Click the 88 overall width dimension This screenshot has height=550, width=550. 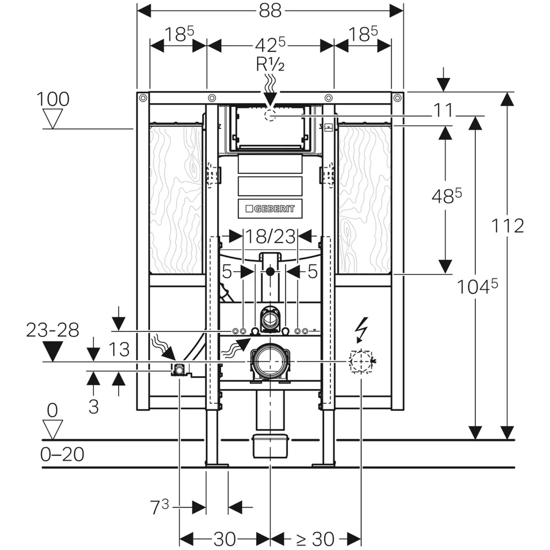pyautogui.click(x=270, y=10)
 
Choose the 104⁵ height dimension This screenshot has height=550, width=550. pyautogui.click(x=477, y=287)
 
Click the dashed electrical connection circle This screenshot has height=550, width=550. pyautogui.click(x=360, y=361)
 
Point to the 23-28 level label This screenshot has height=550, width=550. pyautogui.click(x=53, y=330)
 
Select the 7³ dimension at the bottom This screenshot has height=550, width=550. pyautogui.click(x=159, y=506)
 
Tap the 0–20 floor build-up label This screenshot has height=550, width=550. pyautogui.click(x=62, y=454)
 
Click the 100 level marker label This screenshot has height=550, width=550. pyautogui.click(x=53, y=99)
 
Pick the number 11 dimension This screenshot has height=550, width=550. pyautogui.click(x=444, y=111)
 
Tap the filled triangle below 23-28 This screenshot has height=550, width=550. pyautogui.click(x=53, y=351)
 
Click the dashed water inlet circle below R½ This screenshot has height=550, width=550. pyautogui.click(x=270, y=114)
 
